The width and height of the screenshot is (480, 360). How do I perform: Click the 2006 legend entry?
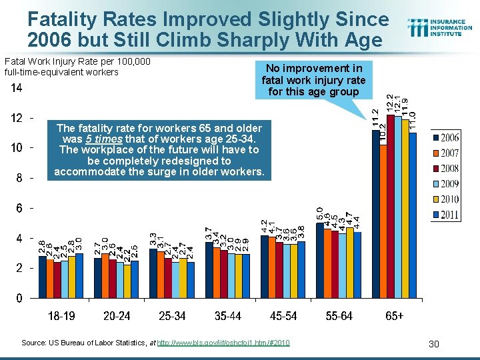446,138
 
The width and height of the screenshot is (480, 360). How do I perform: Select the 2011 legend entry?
446,215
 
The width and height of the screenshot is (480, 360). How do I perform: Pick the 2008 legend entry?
446,169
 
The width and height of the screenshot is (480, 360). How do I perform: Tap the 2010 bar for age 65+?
405,209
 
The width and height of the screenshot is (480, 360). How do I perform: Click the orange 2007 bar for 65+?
383,221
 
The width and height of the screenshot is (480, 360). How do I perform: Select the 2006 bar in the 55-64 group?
319,260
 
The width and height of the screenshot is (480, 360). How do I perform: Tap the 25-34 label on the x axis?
173,316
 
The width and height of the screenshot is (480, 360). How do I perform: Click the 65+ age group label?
395,316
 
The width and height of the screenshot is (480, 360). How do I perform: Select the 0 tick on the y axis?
19,298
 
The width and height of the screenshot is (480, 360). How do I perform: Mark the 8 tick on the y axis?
19,178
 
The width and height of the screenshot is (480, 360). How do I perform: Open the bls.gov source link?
231,343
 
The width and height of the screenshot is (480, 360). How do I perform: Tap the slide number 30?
433,343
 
